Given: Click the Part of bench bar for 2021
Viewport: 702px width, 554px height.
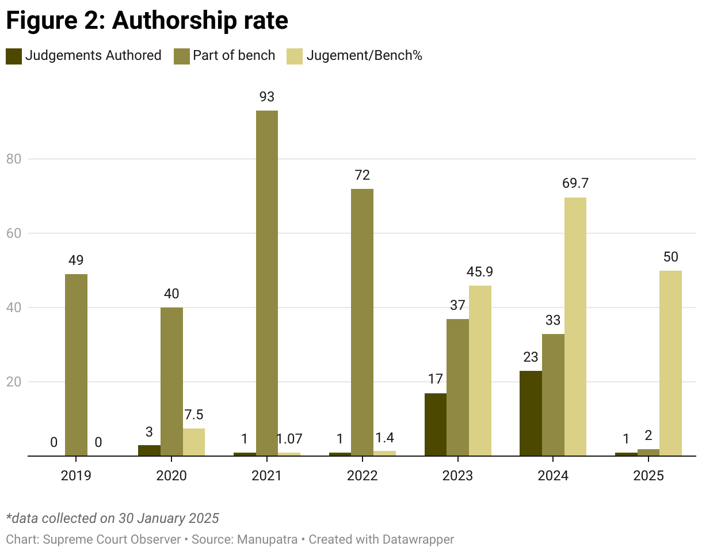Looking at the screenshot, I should point(266,283).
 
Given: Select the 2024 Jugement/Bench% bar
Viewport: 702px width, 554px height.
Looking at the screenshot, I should point(575,327).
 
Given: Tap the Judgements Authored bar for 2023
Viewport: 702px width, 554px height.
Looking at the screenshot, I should point(436,424).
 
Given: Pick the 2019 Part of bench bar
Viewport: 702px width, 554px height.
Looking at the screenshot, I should point(76,365).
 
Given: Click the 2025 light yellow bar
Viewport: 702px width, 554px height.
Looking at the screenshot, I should point(670,363).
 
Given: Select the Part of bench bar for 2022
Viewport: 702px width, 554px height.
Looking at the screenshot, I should point(362,322).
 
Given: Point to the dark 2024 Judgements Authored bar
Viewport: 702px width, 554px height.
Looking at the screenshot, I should point(531,413).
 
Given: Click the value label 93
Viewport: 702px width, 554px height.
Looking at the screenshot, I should point(266,97).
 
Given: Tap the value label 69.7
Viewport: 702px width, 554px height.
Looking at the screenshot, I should point(575,184).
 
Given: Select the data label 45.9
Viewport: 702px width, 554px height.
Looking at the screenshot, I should point(480,272).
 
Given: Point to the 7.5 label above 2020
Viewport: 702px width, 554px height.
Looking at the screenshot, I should point(193,415).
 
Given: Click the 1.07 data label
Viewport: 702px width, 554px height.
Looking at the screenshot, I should point(290,439).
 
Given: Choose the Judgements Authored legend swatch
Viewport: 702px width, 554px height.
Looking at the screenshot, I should point(14,56).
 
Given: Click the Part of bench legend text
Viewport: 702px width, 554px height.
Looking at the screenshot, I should point(234,56).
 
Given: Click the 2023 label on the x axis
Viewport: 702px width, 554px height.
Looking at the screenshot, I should point(457,476).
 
